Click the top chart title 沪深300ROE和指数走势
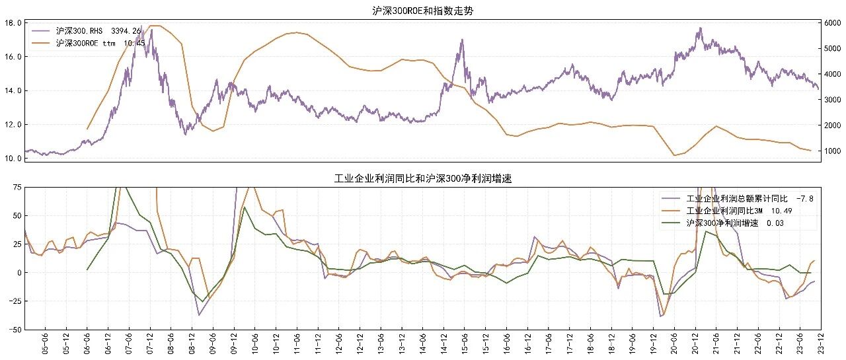(422, 11)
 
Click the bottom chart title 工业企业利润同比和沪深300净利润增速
(423, 178)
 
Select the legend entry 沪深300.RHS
(79, 30)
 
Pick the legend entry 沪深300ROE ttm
(86, 43)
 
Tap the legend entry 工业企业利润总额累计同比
(737, 198)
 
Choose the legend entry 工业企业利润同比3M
(724, 211)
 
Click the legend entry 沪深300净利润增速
(722, 223)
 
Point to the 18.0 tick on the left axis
(13, 23)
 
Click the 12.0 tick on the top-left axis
(13, 125)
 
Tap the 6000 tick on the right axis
(832, 23)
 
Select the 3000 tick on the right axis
(832, 100)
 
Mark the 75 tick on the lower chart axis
(17, 187)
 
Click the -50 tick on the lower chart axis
(15, 330)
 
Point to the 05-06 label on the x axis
(46, 343)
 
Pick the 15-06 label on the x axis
(465, 343)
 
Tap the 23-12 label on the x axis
(821, 343)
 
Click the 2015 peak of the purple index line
(462, 39)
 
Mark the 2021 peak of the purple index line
(701, 28)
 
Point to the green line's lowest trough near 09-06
(203, 301)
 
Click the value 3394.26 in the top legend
(126, 30)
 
